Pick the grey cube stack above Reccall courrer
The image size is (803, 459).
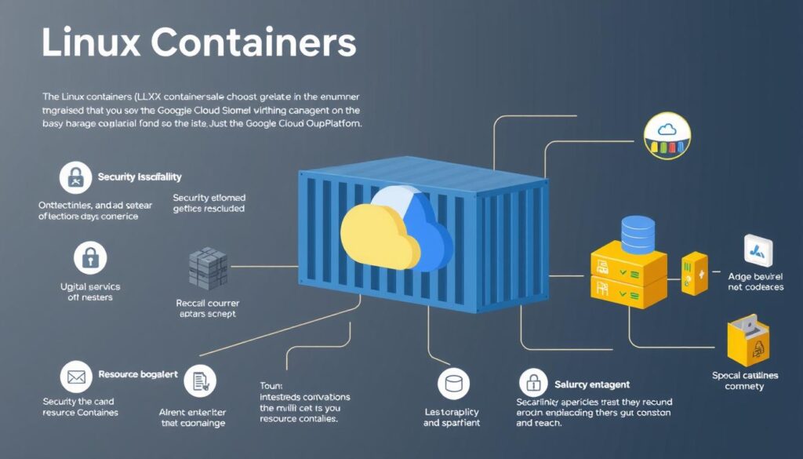(208, 267)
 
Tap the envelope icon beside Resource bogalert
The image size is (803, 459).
(75, 376)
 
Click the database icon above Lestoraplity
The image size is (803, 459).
(453, 384)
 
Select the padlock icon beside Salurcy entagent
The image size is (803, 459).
(533, 384)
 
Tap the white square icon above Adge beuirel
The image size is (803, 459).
(758, 250)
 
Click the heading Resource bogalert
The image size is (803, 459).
(138, 375)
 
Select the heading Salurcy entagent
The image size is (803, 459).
(592, 384)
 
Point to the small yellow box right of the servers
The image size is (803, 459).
(694, 273)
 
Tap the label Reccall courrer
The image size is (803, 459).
(208, 303)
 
